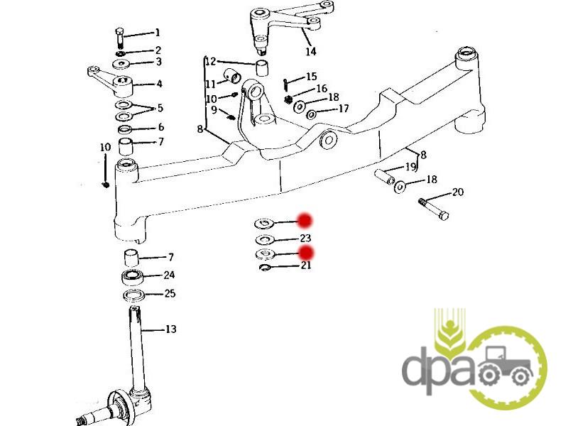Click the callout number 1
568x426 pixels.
[x=158, y=33]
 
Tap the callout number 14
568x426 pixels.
[x=311, y=52]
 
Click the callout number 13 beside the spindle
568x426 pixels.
[x=170, y=329]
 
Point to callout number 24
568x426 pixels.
[x=169, y=275]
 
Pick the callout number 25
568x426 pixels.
[x=170, y=293]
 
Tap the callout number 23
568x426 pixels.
[x=305, y=238]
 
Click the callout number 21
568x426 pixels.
[x=305, y=266]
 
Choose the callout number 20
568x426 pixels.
[x=457, y=192]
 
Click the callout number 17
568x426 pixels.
[x=343, y=109]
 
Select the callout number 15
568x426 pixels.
[x=311, y=77]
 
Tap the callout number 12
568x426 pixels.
[x=210, y=62]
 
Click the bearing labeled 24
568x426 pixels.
[x=131, y=275]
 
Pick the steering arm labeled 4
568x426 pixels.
[x=113, y=77]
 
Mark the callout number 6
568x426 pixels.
[x=160, y=127]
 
